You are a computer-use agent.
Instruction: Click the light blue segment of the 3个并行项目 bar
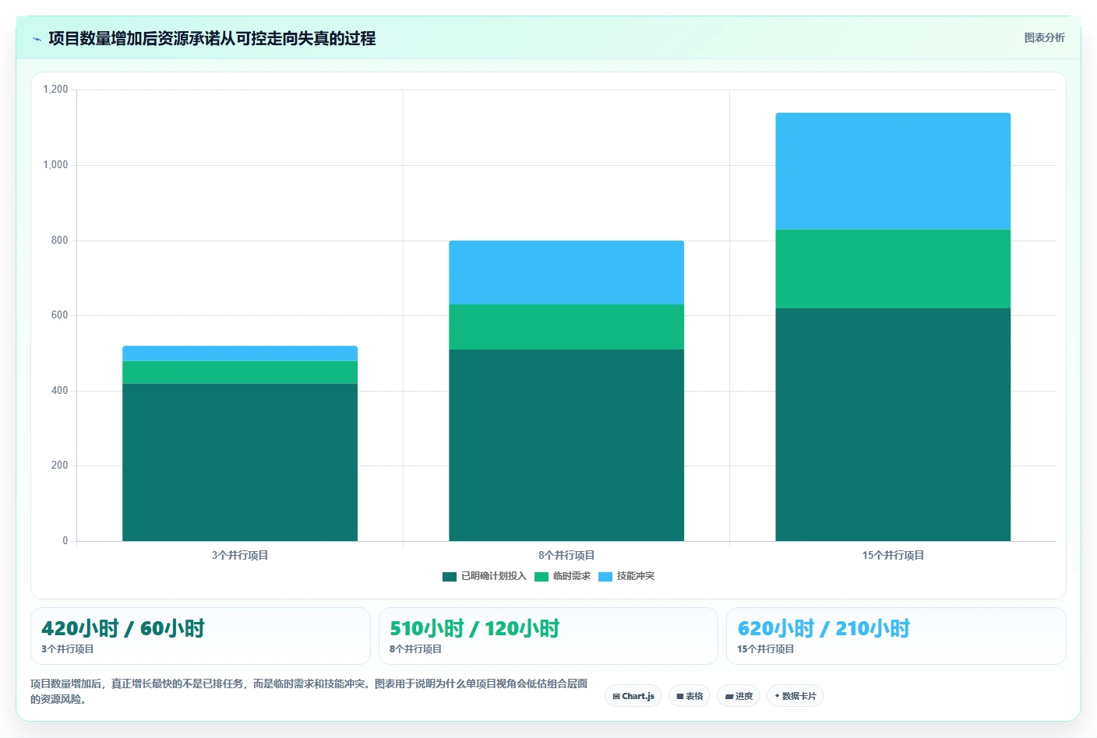240,353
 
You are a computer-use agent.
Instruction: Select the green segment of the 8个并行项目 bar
566,327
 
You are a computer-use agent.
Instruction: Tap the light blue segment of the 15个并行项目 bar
893,170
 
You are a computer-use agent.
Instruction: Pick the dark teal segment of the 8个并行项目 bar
566,445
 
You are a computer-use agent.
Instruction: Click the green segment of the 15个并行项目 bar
893,269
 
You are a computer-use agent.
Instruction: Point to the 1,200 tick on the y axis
55,89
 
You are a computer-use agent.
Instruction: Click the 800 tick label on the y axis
59,240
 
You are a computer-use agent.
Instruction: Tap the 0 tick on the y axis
65,540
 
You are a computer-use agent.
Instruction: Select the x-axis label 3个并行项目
240,555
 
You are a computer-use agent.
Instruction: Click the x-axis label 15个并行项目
893,555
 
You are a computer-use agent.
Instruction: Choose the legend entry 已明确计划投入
485,576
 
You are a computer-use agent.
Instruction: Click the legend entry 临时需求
563,576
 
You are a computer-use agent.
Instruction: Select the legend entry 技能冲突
626,576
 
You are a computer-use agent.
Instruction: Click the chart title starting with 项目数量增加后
212,38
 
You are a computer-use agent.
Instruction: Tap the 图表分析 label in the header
1044,37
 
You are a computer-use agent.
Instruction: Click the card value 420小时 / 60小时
123,628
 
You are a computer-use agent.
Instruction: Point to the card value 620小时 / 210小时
824,628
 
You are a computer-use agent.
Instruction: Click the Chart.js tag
633,696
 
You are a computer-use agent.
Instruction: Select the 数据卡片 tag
795,696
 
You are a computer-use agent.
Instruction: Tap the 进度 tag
739,696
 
